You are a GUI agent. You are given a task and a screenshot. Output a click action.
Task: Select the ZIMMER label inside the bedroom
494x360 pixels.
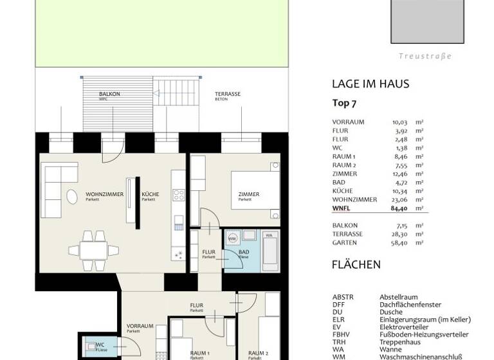(248, 194)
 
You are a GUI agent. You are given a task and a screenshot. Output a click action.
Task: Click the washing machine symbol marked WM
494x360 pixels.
(232, 239)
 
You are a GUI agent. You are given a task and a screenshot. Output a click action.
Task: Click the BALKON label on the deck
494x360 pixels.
(109, 94)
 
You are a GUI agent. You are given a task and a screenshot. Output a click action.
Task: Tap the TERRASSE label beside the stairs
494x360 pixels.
(228, 94)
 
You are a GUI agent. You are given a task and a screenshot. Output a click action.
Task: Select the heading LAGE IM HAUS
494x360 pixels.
(370, 84)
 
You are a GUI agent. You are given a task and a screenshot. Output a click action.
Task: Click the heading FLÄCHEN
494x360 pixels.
(356, 264)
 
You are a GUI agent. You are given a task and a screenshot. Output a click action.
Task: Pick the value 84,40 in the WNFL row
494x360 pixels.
(401, 208)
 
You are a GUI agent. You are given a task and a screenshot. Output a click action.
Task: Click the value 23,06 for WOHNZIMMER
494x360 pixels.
(401, 199)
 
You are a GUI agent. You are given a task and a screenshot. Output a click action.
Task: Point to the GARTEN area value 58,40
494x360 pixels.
(401, 243)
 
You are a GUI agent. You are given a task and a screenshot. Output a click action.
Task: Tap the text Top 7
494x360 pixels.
(344, 103)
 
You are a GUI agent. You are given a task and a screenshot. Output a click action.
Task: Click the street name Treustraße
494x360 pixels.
(425, 56)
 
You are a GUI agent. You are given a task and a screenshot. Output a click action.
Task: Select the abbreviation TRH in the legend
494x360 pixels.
(338, 342)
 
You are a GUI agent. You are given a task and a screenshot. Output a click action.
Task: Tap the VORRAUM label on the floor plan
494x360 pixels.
(140, 326)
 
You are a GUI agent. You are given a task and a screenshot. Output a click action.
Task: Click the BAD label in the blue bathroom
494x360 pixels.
(244, 252)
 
